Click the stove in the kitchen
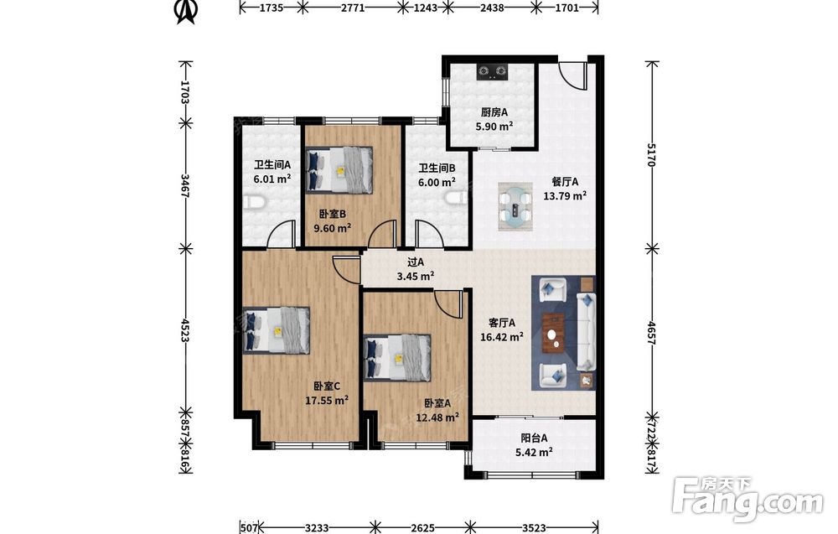[x=492, y=72]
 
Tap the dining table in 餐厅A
[x=515, y=207]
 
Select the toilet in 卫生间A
[x=255, y=203]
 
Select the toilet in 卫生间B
[x=455, y=198]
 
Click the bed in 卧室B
[x=339, y=169]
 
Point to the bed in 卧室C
[x=277, y=329]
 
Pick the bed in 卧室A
[x=397, y=358]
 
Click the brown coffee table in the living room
[x=554, y=333]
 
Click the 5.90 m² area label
[x=494, y=127]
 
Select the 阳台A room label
[x=534, y=438]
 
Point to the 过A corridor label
[x=416, y=262]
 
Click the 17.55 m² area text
[x=327, y=400]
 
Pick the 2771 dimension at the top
[x=353, y=8]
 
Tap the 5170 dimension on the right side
[x=651, y=155]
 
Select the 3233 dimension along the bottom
[x=317, y=528]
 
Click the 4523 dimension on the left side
[x=185, y=330]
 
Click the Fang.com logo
[x=747, y=500]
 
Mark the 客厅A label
[x=502, y=323]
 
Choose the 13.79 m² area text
[x=565, y=195]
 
